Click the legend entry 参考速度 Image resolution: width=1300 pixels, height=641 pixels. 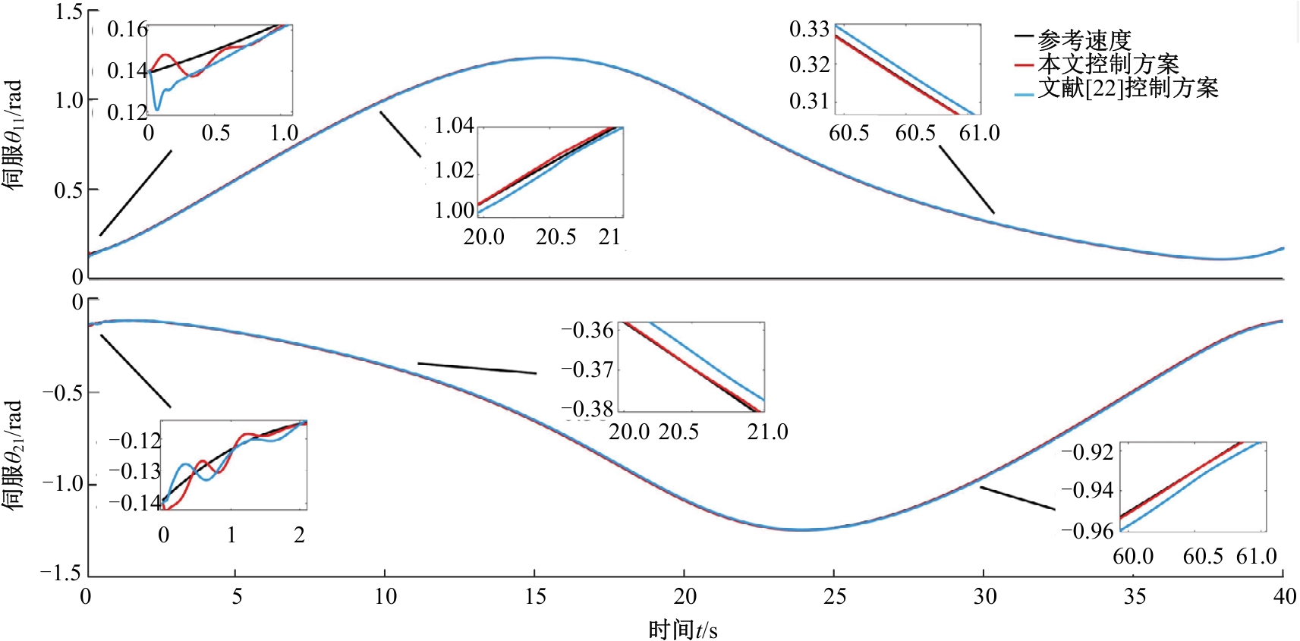pyautogui.click(x=1084, y=41)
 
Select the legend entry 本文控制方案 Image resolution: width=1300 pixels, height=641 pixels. pyautogui.click(x=1109, y=64)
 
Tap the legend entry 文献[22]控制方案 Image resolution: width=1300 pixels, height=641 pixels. pyautogui.click(x=1128, y=88)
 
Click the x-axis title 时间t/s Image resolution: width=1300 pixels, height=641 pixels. pyautogui.click(x=682, y=630)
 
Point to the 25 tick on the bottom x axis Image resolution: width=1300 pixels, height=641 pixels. pyautogui.click(x=834, y=596)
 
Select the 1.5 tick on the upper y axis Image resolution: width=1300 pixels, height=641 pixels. pyautogui.click(x=69, y=11)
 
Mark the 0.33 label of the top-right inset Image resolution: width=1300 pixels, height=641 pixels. pyautogui.click(x=809, y=29)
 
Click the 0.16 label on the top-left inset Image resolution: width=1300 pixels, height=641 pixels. pyautogui.click(x=127, y=29)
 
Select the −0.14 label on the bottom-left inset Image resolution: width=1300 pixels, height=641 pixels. pyautogui.click(x=134, y=502)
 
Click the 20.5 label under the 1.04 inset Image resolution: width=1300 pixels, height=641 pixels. pyautogui.click(x=556, y=237)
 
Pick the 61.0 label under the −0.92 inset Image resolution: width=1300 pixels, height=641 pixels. pyautogui.click(x=1257, y=556)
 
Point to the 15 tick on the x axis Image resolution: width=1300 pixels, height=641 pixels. pyautogui.click(x=534, y=596)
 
